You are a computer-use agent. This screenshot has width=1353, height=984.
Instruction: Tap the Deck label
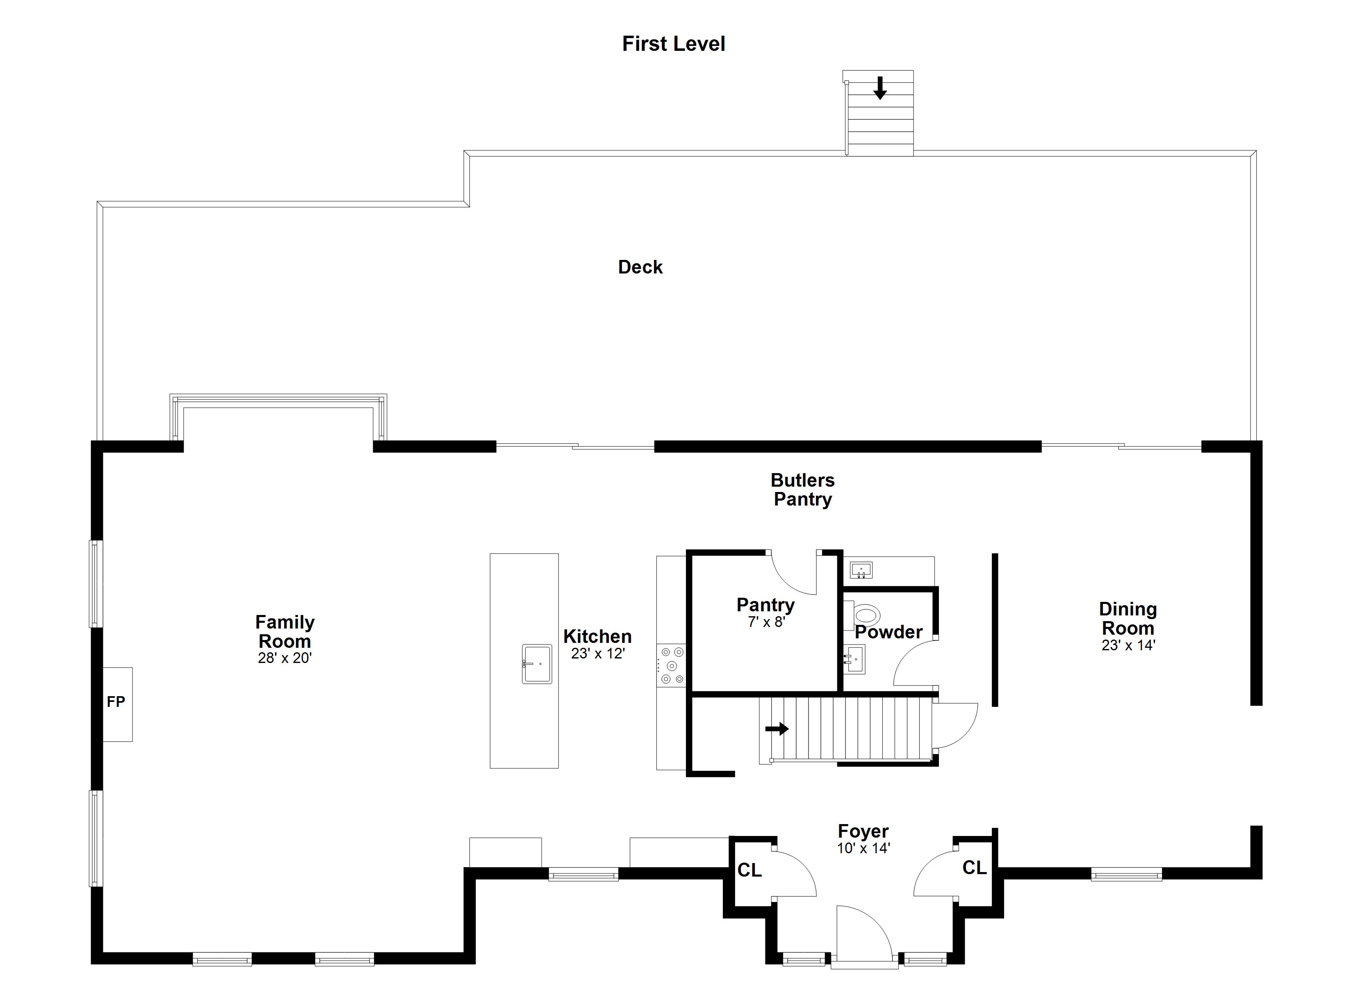[640, 267]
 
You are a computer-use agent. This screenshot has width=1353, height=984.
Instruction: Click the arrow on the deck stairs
[880, 88]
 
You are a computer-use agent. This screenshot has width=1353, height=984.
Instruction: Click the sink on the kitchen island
[537, 663]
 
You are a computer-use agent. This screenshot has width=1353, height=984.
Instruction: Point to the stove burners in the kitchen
[672, 665]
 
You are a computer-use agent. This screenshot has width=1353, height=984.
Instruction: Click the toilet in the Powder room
[866, 614]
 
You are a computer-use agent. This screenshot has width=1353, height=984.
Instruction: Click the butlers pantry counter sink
[861, 570]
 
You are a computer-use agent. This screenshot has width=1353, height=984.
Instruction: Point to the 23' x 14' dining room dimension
[1128, 646]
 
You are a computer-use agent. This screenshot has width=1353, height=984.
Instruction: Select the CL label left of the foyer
[749, 870]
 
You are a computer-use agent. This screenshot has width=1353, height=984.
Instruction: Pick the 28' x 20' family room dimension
[285, 658]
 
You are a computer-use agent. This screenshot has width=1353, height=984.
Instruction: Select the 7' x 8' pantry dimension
[766, 622]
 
